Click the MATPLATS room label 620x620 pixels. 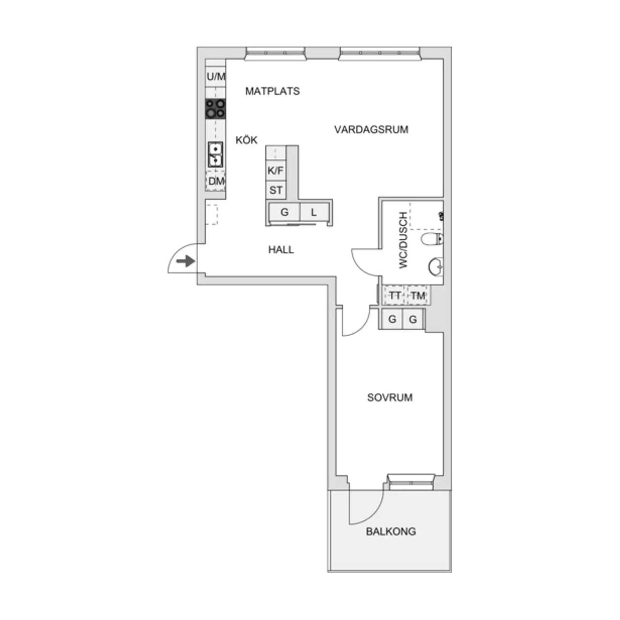[272, 92]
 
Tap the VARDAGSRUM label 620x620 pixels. [371, 130]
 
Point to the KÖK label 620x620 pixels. [247, 140]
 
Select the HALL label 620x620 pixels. [281, 249]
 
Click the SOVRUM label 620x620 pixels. [389, 398]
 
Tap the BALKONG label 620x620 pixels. [391, 531]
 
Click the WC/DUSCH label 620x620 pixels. [403, 240]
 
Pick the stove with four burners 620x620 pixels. [216, 109]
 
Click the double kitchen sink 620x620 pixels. [215, 155]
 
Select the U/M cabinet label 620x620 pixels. [216, 77]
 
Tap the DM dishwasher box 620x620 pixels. [216, 181]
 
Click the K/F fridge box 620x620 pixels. [276, 170]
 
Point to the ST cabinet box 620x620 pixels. [276, 190]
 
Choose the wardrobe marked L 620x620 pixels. [314, 212]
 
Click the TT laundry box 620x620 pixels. [394, 295]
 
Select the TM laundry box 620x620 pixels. [418, 295]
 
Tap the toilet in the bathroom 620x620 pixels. [432, 239]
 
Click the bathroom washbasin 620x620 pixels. [435, 266]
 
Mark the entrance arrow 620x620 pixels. [186, 261]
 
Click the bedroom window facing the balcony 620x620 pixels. [411, 482]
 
